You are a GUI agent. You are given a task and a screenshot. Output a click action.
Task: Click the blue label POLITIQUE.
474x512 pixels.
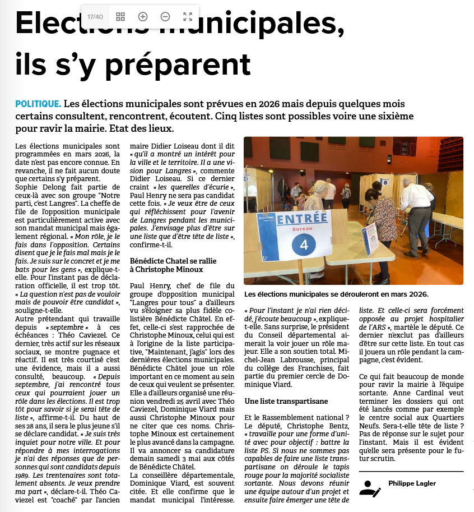[x=38, y=104]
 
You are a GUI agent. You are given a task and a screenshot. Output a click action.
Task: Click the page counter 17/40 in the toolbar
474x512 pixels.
[x=95, y=17]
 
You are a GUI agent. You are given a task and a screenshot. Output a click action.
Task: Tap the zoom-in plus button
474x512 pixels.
[x=143, y=17]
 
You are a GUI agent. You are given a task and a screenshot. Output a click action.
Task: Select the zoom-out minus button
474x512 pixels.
[x=165, y=17]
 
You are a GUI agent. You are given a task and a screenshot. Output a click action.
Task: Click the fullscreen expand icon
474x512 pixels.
[x=188, y=17]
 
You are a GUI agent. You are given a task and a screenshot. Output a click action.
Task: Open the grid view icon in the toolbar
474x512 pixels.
[x=120, y=17]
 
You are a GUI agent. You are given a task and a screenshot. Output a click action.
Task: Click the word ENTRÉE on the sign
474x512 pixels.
[x=302, y=218]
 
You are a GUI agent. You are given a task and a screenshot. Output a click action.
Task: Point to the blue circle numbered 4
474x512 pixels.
[x=304, y=245]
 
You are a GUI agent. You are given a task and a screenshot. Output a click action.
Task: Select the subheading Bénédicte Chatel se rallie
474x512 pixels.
[x=173, y=261]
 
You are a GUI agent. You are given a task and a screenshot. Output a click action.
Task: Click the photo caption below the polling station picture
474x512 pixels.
[x=336, y=294]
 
